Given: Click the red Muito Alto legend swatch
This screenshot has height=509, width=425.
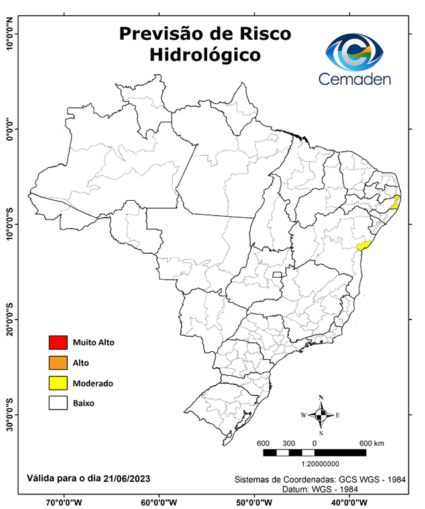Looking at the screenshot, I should [58, 343].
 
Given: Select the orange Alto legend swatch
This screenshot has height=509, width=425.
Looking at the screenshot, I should [58, 363].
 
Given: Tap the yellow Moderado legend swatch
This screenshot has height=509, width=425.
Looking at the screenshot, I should [58, 383].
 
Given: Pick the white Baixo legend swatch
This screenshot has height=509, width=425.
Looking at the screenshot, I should [58, 403].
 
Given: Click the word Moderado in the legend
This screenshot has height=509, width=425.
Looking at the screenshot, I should [93, 384].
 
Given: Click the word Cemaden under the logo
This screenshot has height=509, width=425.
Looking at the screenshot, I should [354, 79].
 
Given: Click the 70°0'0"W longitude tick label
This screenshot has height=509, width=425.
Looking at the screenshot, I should [64, 502].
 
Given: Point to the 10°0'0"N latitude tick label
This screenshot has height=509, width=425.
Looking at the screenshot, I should [10, 34].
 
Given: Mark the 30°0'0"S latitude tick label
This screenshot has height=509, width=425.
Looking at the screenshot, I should [10, 415].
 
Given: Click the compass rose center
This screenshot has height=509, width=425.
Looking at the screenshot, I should [320, 416].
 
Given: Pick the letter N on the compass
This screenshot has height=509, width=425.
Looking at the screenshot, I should [321, 398].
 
